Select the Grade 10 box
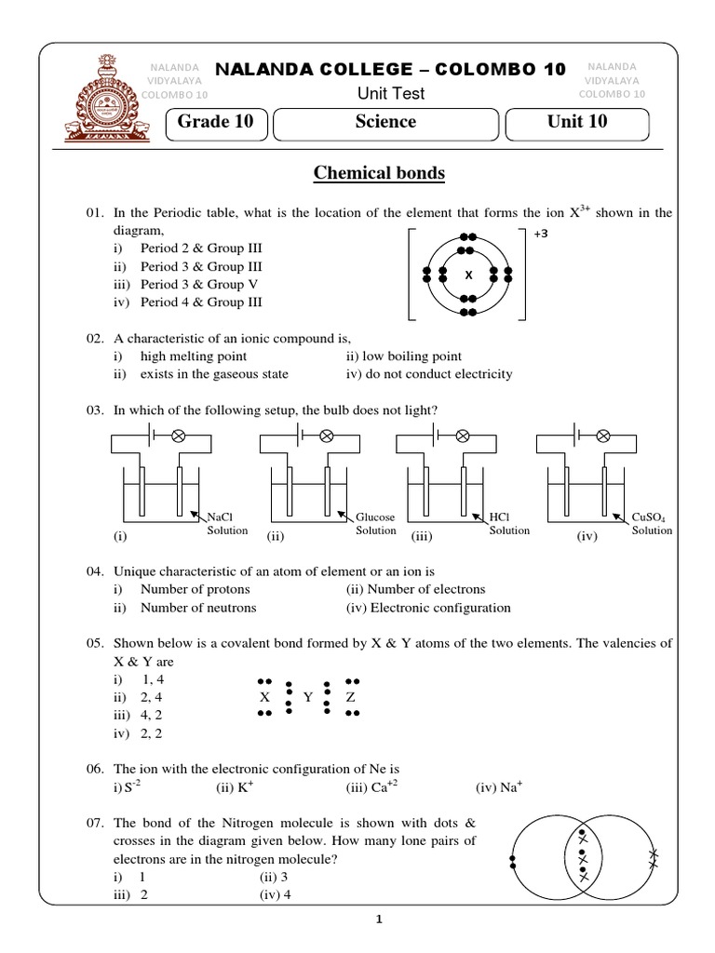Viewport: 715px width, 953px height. click(x=216, y=122)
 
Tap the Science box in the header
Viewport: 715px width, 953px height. click(x=385, y=122)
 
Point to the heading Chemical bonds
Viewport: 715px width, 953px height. click(x=379, y=173)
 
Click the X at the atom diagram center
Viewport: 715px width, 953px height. click(x=468, y=275)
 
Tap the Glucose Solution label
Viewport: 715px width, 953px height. click(x=375, y=523)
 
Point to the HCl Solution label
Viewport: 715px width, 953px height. click(x=508, y=523)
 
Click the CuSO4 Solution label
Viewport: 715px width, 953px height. click(x=651, y=523)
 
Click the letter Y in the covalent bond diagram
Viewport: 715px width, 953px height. click(x=307, y=697)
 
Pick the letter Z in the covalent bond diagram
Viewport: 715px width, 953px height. click(x=350, y=697)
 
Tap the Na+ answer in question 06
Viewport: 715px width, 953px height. click(x=500, y=787)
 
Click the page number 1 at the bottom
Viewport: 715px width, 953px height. click(x=379, y=920)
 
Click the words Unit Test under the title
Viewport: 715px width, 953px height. click(x=390, y=93)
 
